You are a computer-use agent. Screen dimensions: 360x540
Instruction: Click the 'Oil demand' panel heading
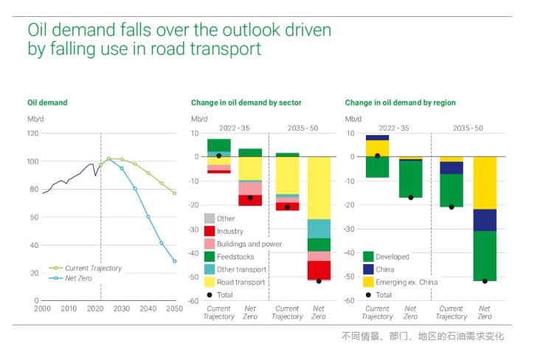pos(47,103)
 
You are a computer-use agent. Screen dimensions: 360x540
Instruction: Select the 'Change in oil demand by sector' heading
pos(246,103)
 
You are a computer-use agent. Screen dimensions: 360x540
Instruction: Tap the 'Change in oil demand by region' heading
pos(400,103)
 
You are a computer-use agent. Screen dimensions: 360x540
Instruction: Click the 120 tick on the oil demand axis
pos(32,134)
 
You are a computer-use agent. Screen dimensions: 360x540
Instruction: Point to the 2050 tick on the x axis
pos(175,308)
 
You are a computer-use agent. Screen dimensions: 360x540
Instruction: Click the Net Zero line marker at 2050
pos(175,261)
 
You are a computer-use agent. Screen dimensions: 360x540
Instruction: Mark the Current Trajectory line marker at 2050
pos(175,193)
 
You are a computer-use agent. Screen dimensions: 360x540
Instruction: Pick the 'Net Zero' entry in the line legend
pos(78,278)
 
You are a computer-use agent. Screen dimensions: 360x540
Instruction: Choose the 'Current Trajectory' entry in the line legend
pos(92,269)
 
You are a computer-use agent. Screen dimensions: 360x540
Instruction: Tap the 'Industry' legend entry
pos(230,232)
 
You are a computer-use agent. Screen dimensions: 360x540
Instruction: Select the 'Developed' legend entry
pos(392,257)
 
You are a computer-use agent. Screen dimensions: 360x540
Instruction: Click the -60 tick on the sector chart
pos(195,301)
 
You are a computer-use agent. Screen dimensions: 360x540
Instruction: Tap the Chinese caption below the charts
pos(423,336)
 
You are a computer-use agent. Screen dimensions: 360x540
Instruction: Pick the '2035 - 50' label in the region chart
pos(468,128)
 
